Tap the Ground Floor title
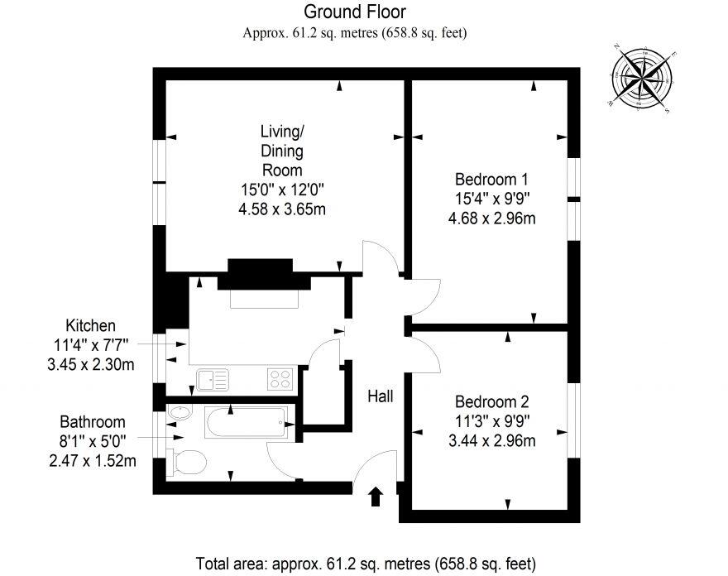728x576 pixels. [x=355, y=12]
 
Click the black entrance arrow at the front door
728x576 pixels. [x=375, y=497]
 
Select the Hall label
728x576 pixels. [x=380, y=397]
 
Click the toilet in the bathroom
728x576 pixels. [x=185, y=461]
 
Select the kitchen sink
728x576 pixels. [x=213, y=380]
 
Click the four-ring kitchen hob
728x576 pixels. [x=280, y=379]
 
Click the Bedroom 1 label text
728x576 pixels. [x=491, y=180]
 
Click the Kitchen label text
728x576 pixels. [x=90, y=325]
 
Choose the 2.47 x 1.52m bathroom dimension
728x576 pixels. [x=93, y=460]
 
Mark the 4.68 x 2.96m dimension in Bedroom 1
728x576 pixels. [x=491, y=218]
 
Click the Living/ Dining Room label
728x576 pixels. [x=282, y=151]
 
